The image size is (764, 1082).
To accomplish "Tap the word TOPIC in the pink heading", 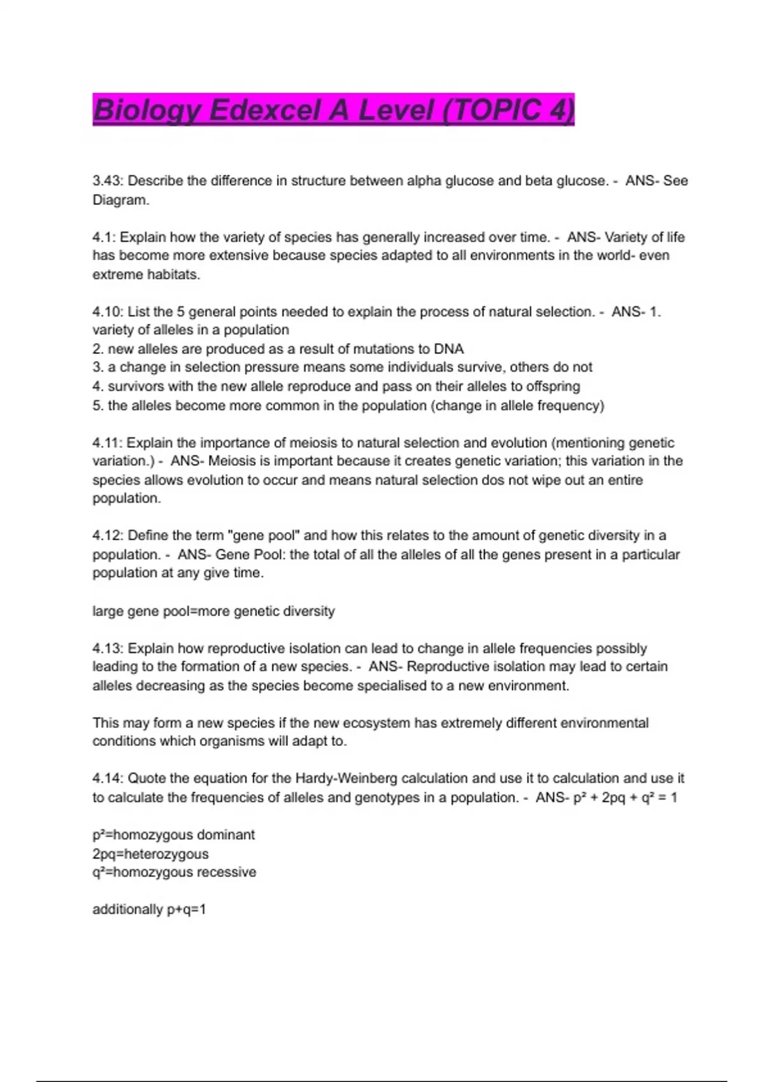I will pyautogui.click(x=494, y=110).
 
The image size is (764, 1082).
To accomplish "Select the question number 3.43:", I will pyautogui.click(x=108, y=181).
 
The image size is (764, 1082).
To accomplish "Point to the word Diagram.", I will pyautogui.click(x=120, y=200).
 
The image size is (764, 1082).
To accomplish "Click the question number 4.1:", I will pyautogui.click(x=104, y=237).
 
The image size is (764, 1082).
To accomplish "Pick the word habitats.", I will pyautogui.click(x=173, y=275).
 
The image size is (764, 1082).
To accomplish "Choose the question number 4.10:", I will pyautogui.click(x=108, y=312).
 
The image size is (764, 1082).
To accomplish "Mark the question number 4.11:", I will pyautogui.click(x=108, y=443).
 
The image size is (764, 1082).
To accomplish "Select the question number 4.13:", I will pyautogui.click(x=108, y=649).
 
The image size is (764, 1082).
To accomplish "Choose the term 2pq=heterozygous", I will pyautogui.click(x=150, y=854).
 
